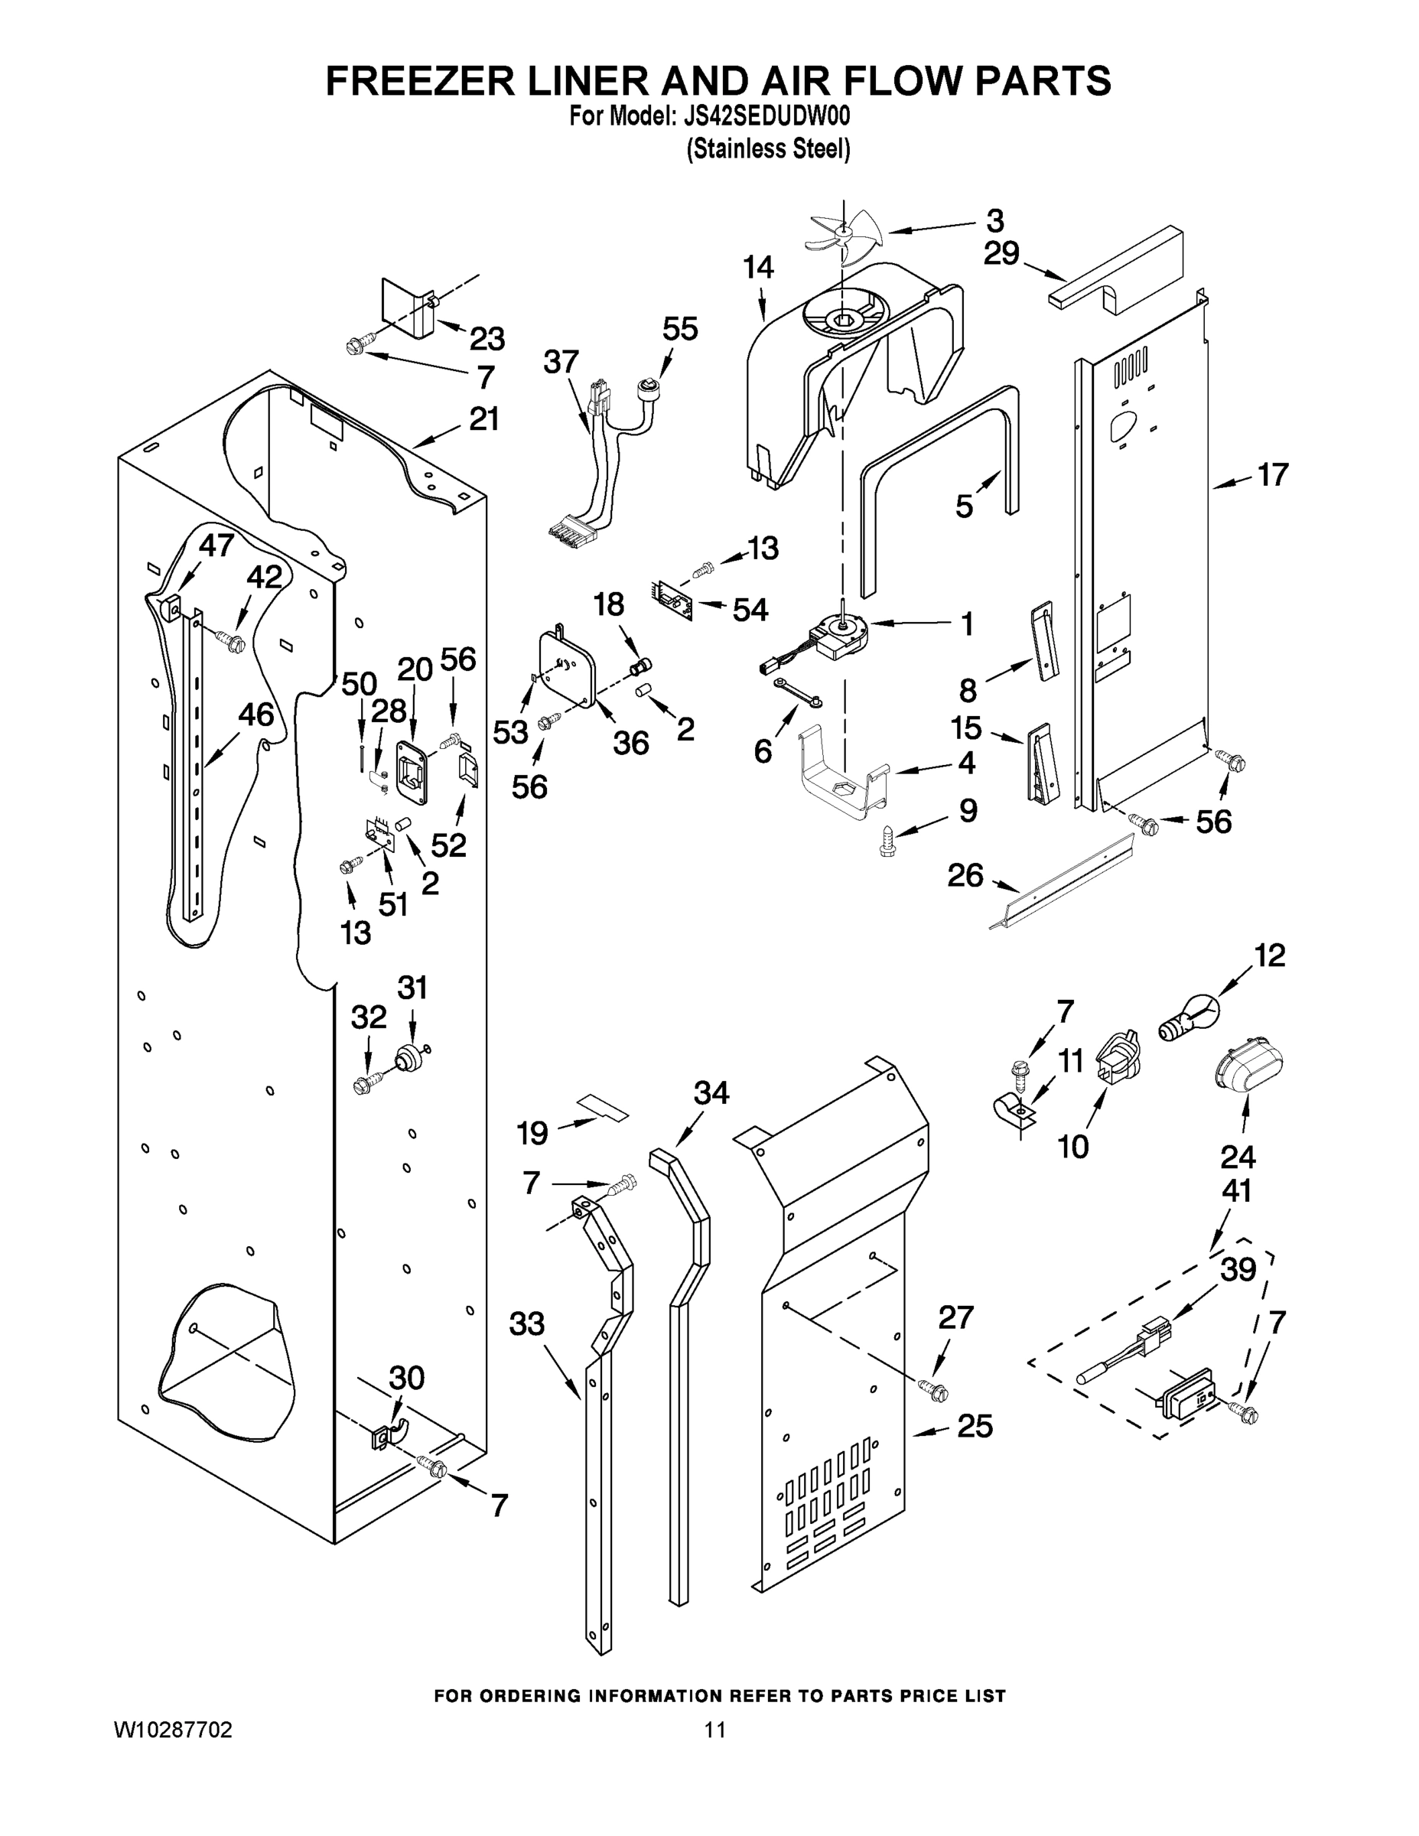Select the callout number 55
point(679,330)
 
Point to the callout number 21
point(483,418)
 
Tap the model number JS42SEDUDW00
point(762,117)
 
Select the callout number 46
point(255,715)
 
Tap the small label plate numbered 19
point(602,1108)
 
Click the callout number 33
point(527,1324)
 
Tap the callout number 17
point(1272,475)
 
